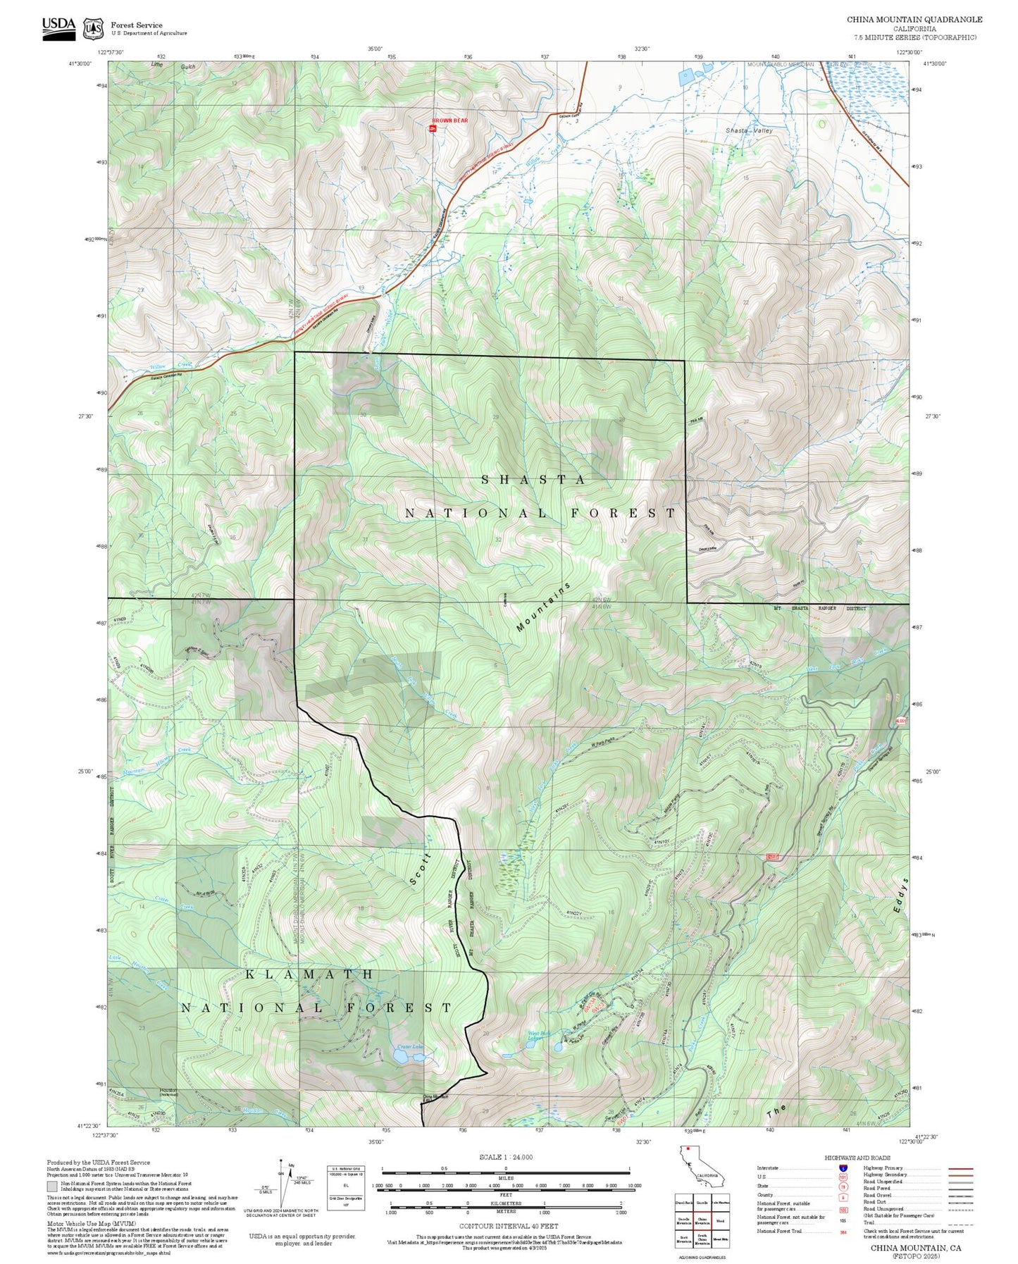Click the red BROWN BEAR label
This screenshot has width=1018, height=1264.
[449, 120]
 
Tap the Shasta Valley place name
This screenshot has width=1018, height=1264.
[749, 130]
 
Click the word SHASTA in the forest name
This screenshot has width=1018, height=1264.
[533, 480]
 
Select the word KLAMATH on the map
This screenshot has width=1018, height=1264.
[310, 974]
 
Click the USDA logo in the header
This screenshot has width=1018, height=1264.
[58, 27]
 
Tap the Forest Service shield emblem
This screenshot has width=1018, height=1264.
[93, 29]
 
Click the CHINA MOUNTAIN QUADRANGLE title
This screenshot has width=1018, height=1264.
[914, 20]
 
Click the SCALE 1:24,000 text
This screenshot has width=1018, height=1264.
[505, 1157]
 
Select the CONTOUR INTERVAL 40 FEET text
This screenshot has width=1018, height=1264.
[505, 1227]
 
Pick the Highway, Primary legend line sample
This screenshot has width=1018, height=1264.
[960, 1167]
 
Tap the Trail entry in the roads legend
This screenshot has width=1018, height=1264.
[869, 1222]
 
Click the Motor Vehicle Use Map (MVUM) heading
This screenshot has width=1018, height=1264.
[79, 1224]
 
